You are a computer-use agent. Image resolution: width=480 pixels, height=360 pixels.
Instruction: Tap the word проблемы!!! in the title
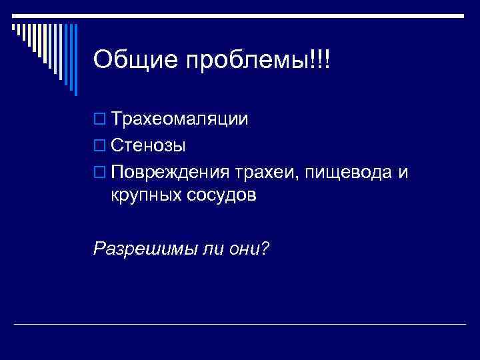[x=258, y=61]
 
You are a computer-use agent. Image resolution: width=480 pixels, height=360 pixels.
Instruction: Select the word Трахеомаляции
[x=180, y=119]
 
